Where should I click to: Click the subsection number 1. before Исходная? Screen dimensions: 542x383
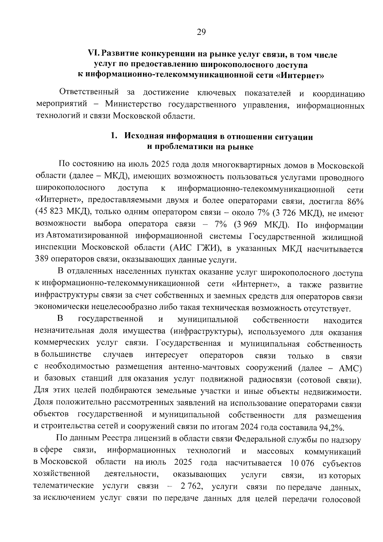point(114,136)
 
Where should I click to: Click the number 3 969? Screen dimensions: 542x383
point(248,225)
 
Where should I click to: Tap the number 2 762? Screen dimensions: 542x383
point(191,486)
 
